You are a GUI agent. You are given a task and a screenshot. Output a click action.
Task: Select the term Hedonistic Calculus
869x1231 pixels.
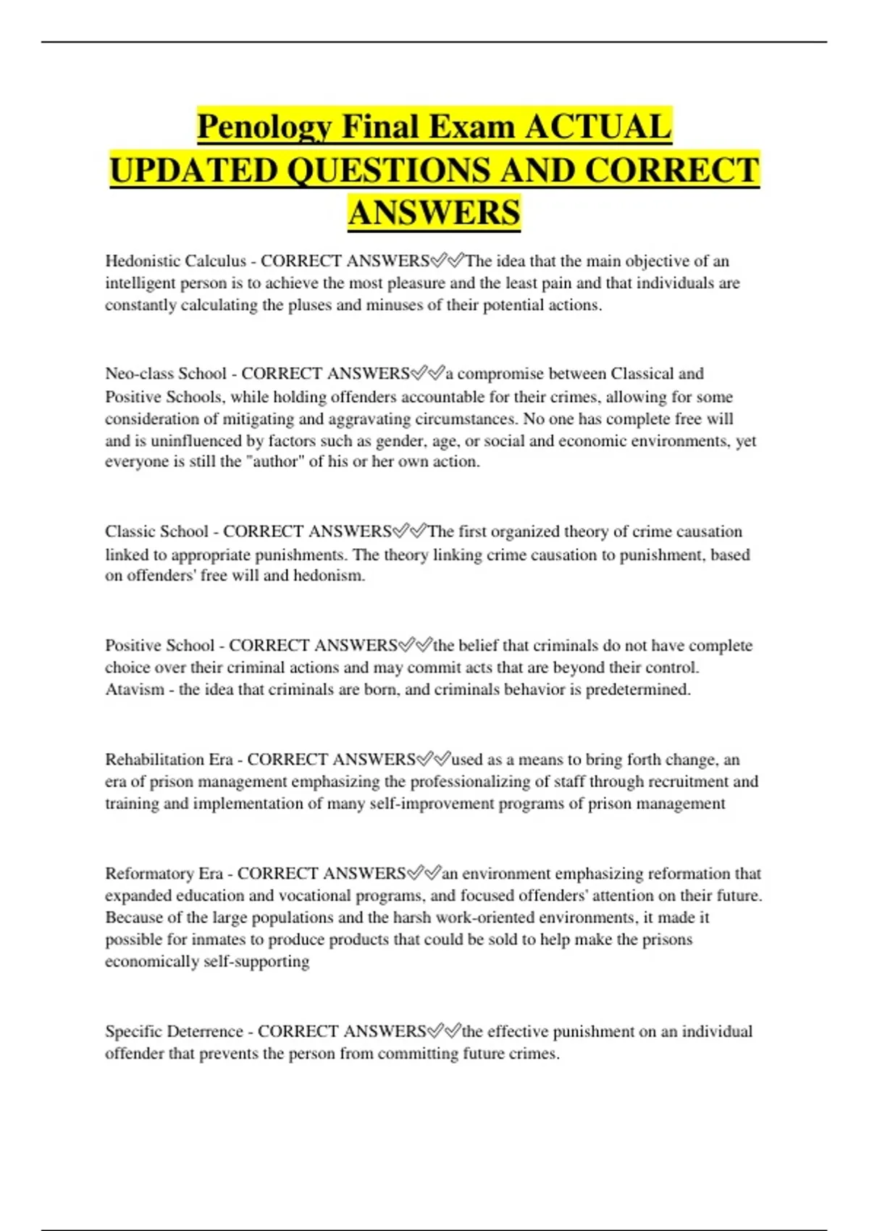tap(175, 261)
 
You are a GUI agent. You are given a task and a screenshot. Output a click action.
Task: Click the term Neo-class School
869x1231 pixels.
tap(166, 374)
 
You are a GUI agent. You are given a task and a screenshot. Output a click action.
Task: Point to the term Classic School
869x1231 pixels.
tap(156, 532)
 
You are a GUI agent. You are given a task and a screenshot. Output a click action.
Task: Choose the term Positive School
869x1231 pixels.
tap(160, 645)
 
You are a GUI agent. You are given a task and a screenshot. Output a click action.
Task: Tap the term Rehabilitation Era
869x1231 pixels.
tap(169, 760)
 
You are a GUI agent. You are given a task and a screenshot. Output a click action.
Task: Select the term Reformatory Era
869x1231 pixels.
tap(164, 873)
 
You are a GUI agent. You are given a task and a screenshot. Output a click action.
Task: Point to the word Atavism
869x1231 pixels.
tap(135, 689)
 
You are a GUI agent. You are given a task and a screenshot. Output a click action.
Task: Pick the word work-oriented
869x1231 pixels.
tap(485, 917)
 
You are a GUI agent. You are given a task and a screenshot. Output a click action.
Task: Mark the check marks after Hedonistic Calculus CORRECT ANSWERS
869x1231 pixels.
tap(448, 261)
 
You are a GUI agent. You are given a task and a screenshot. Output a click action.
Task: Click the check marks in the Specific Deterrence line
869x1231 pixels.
tap(445, 1031)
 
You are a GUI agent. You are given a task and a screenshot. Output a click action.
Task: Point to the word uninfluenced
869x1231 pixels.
tap(193, 441)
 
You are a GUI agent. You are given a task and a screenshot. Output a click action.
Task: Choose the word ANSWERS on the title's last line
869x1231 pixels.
tap(434, 213)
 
